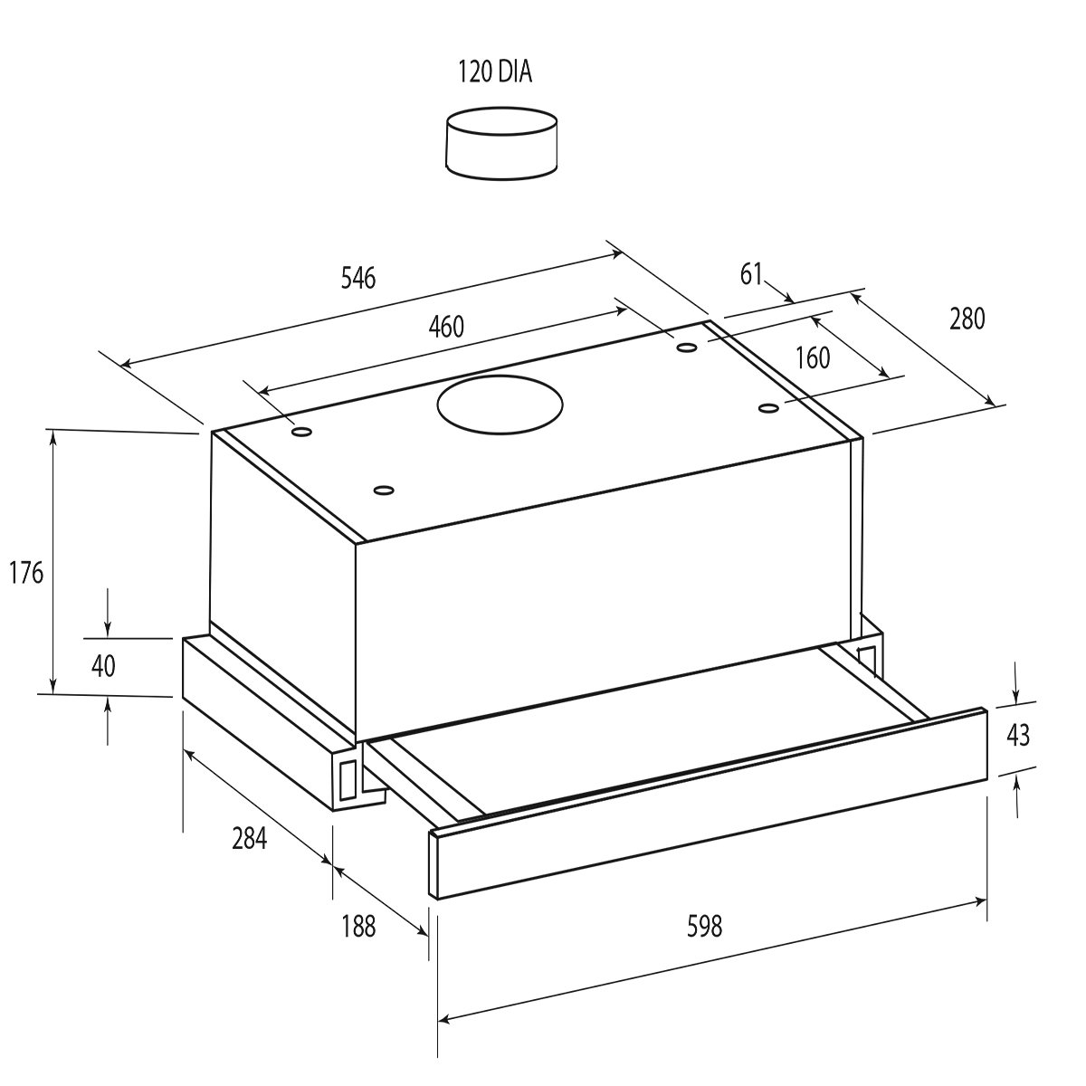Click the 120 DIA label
click(495, 72)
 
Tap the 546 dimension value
click(358, 279)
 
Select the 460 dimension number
click(446, 327)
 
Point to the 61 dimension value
click(750, 274)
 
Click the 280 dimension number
click(967, 319)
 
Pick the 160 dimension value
click(812, 357)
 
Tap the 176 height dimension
click(26, 573)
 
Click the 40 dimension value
click(103, 666)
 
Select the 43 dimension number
click(1017, 735)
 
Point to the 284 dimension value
click(249, 839)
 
